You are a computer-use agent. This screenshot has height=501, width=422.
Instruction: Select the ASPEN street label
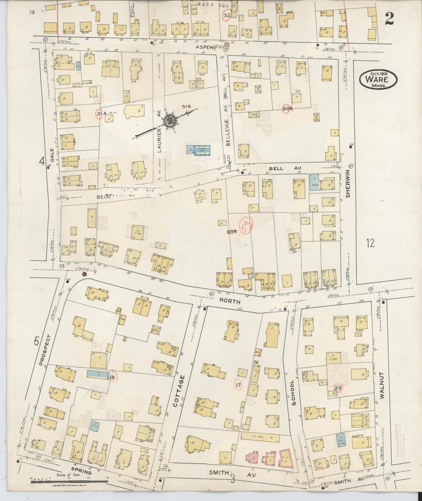click(x=205, y=47)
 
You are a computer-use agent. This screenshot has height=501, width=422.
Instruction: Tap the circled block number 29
click(x=338, y=388)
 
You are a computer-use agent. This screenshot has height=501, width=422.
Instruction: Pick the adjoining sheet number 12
click(x=370, y=243)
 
